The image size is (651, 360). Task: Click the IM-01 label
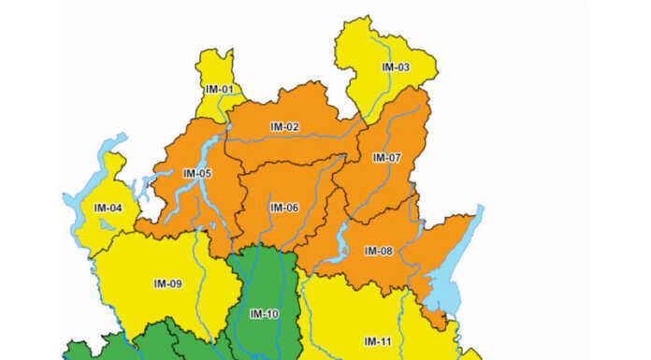point(219,89)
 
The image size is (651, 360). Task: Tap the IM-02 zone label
point(284,126)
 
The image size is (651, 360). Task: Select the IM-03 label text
point(396,67)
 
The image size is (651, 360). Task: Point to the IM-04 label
point(108,207)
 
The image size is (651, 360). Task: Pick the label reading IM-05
point(197,173)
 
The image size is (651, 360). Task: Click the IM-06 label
point(284,207)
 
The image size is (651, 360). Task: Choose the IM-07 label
point(386,158)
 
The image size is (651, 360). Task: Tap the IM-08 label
point(379,251)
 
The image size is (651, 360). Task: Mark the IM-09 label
point(167,283)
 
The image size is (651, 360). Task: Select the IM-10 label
point(265,313)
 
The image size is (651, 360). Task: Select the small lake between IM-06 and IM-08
point(341,246)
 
